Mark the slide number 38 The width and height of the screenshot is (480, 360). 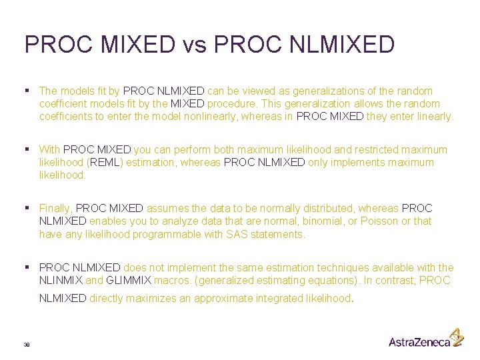(x=27, y=344)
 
